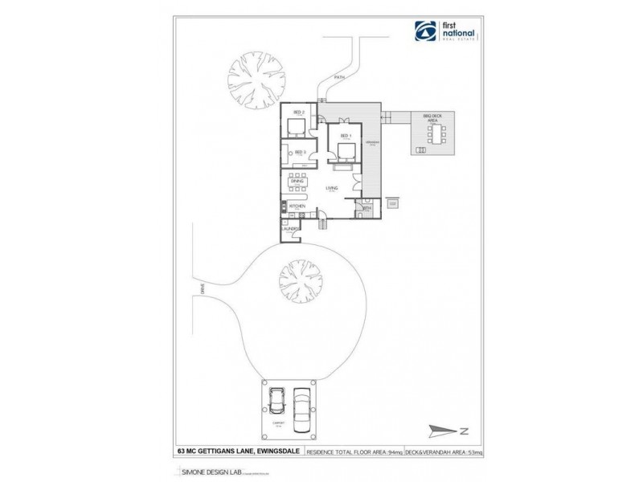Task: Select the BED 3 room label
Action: point(300,152)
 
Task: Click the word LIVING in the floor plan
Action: point(331,189)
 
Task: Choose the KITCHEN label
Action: point(297,206)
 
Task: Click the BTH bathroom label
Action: point(367,208)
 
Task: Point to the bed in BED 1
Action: point(346,150)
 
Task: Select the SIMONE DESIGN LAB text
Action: point(201,473)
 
